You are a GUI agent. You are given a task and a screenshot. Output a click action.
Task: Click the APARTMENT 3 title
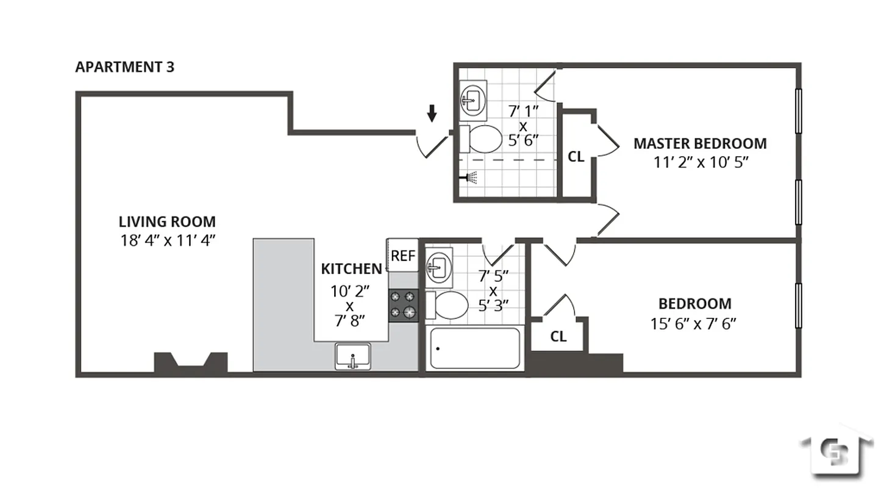[124, 67]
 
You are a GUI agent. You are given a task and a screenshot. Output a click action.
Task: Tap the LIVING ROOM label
[166, 221]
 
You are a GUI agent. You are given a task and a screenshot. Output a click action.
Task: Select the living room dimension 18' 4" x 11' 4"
[168, 240]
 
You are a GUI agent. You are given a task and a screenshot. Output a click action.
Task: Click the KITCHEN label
[351, 268]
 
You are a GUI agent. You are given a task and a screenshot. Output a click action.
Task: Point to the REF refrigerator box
[402, 256]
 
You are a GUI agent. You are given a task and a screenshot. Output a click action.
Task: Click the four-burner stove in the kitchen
[404, 305]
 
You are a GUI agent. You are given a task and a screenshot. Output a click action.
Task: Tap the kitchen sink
[352, 356]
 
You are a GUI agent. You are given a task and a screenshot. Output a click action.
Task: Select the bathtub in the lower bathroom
[474, 348]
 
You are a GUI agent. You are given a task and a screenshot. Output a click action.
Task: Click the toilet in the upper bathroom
[480, 139]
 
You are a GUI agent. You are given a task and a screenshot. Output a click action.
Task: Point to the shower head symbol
[470, 178]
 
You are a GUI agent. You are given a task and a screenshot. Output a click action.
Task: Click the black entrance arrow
[432, 113]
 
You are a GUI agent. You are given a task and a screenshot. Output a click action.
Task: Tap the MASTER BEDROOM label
[700, 143]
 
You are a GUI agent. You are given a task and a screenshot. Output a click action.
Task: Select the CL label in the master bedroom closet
[576, 157]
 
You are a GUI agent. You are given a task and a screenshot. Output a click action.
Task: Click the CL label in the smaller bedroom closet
[558, 336]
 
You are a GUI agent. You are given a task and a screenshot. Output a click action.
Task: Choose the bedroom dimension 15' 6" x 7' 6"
[694, 323]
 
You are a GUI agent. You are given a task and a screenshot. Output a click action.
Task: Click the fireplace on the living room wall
[190, 362]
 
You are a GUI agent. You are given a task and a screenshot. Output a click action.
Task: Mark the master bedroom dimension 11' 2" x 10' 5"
[700, 162]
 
